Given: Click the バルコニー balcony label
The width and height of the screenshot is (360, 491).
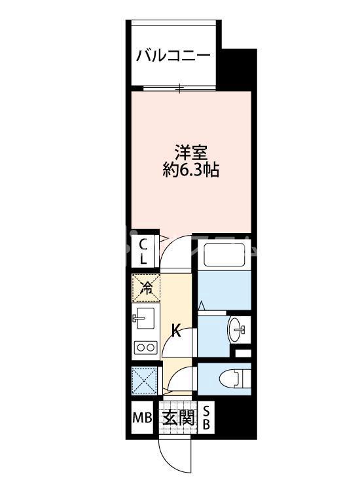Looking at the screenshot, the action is [x=173, y=56].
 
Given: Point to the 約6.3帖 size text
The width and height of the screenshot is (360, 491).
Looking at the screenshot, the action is [x=190, y=170].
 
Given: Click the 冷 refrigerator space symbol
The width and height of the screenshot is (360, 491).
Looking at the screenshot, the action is [x=146, y=288].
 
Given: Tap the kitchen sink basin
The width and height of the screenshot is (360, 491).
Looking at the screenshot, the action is [x=144, y=318].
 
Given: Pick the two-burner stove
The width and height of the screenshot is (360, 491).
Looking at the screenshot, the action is [x=145, y=348].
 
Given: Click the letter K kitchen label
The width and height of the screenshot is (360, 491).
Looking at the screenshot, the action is [x=177, y=331].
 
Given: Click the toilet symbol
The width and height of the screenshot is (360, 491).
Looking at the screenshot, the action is [x=236, y=378].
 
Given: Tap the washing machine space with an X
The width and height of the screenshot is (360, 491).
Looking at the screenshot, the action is [x=144, y=379].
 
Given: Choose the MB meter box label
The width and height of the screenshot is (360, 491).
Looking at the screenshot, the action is [x=143, y=417].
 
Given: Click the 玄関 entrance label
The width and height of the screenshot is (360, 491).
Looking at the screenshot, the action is [x=179, y=418].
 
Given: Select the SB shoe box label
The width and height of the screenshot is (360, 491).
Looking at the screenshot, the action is [x=206, y=418].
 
